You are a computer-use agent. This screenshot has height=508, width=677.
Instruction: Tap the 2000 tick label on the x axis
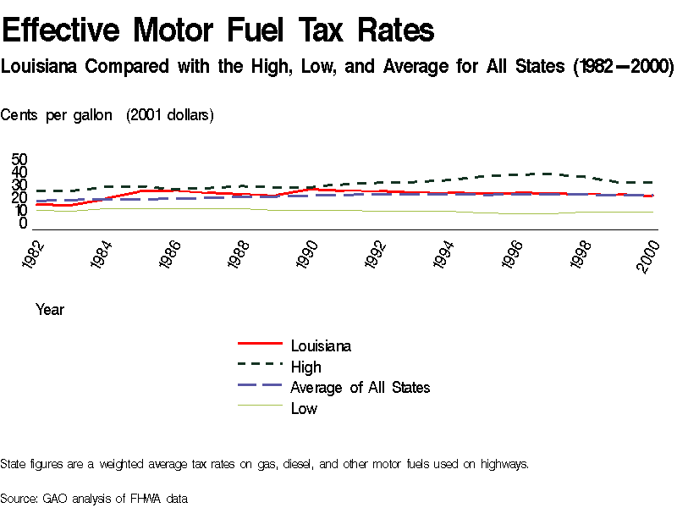point(648,254)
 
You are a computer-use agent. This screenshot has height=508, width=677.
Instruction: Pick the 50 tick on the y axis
point(19,160)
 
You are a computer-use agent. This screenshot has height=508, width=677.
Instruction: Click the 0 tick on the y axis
point(24,224)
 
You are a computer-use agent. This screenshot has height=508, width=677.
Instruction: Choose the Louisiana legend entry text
point(321,345)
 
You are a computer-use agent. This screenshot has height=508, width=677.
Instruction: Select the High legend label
point(305,367)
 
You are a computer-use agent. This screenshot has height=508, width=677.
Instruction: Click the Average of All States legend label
point(360,387)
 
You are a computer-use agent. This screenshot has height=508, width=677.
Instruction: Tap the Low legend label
point(304,408)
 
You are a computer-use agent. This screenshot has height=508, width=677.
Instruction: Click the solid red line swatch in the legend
point(260,345)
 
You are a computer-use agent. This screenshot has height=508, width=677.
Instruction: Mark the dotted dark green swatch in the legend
point(260,366)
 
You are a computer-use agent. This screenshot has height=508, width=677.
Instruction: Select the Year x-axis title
point(50,310)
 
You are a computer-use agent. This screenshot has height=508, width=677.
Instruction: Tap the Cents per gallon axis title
point(58,115)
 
